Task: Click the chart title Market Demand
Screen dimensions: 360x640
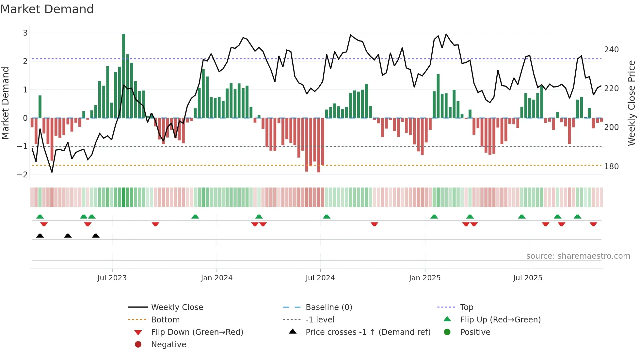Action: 47,9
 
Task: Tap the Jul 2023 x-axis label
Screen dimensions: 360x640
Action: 112,278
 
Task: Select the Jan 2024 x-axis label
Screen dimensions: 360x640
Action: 216,278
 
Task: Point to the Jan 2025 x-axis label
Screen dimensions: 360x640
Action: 424,278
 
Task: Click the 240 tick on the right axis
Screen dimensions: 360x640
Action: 611,50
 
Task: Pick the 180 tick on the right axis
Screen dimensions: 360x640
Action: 611,167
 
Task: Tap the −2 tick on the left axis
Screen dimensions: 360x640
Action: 23,175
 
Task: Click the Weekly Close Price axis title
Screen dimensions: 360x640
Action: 632,103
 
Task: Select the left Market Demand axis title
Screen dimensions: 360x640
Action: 5,103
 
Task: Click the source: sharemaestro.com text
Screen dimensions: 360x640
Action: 578,256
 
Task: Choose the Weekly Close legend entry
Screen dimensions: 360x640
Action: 177,307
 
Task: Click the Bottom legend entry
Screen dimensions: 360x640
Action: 165,320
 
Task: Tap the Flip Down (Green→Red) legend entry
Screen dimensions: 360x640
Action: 197,332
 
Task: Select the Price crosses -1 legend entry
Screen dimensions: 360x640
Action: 368,332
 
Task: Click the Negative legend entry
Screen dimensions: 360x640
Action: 168,345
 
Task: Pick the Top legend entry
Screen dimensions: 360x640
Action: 467,307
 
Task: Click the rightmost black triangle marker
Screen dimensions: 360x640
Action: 96,236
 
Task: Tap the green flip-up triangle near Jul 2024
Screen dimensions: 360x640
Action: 327,217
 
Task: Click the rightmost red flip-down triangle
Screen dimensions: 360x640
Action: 593,224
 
